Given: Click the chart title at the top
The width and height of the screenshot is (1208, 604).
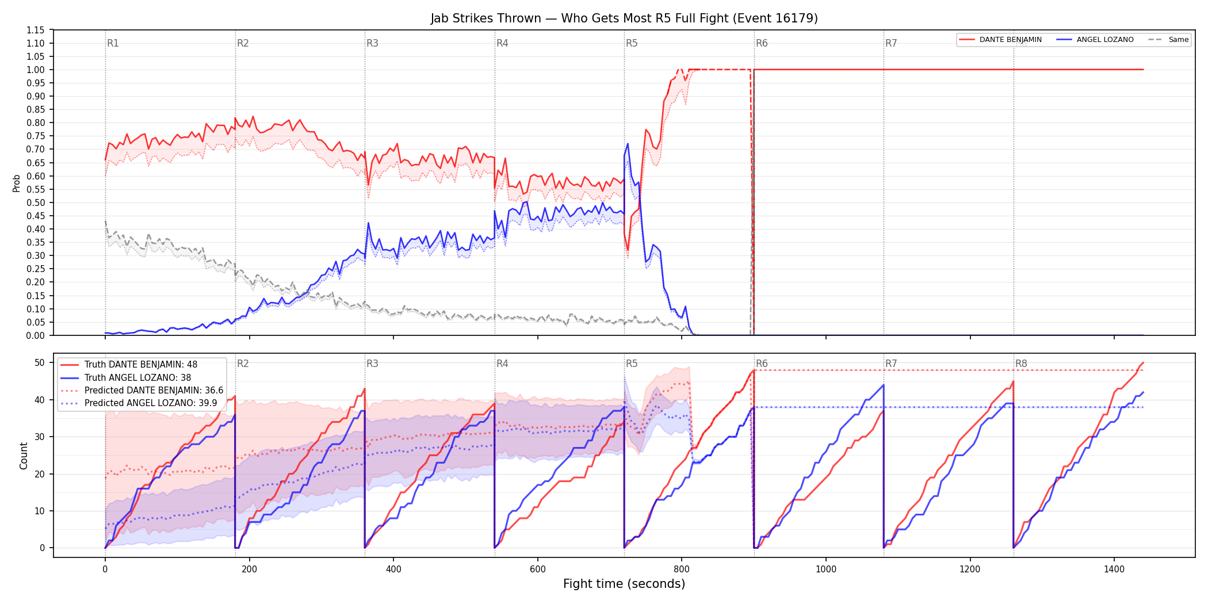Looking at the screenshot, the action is point(624,18).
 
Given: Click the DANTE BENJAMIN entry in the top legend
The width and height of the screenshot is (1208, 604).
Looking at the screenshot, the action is point(1001,40).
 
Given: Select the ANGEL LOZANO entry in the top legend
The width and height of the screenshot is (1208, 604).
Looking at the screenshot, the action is point(1095,40).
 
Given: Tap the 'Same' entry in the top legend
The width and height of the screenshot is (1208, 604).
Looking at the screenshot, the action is point(1168,40).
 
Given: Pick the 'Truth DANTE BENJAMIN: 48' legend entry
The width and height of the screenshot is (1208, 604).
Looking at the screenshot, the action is point(129,365).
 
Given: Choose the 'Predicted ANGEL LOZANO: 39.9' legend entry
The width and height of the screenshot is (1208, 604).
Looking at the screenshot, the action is point(139,403).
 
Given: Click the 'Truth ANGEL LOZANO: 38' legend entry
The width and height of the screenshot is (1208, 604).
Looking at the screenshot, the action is point(126,378).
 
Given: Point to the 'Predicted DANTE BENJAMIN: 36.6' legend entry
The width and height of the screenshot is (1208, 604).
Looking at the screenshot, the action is point(142,391).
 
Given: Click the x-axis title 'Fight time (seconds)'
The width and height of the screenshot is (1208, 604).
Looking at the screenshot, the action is point(624,584).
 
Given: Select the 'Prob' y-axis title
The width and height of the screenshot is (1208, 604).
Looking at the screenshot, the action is point(17,183).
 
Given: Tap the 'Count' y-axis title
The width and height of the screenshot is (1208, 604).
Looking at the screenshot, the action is point(24,456).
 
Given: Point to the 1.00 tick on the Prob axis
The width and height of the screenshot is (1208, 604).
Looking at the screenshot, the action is point(35,70).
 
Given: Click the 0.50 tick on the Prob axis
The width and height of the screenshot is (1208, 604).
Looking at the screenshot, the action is point(35,202).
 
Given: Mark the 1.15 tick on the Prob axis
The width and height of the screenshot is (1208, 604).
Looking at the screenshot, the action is point(35,30).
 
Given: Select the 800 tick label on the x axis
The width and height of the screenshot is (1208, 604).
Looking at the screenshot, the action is point(682,569).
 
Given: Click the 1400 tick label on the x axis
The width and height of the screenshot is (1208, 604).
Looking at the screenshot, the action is point(1114,569).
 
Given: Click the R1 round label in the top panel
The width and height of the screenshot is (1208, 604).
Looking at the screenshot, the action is point(113,43).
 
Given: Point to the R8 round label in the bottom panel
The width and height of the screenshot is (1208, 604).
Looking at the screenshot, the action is point(1021,364).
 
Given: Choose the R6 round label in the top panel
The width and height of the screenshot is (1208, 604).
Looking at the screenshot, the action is point(762,43).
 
